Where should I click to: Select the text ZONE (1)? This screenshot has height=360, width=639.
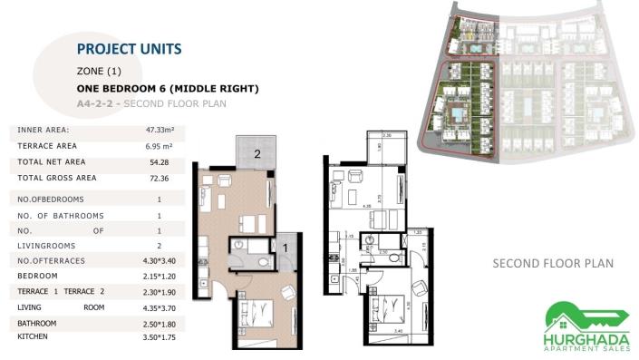[99, 71]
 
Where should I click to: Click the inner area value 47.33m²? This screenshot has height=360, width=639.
[159, 131]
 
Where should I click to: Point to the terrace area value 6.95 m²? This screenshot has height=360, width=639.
[159, 145]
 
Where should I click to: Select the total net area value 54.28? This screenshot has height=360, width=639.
[159, 161]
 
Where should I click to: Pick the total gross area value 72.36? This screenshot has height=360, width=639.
[159, 178]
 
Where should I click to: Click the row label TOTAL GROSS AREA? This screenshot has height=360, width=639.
[56, 178]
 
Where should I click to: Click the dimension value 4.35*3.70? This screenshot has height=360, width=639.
[159, 308]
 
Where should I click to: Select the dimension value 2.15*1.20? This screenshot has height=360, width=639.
[159, 276]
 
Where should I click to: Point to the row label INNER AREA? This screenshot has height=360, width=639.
[43, 131]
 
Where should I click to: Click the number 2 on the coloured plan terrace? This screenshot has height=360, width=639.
[257, 154]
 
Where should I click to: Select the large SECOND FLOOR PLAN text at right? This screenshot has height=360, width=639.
[553, 264]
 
